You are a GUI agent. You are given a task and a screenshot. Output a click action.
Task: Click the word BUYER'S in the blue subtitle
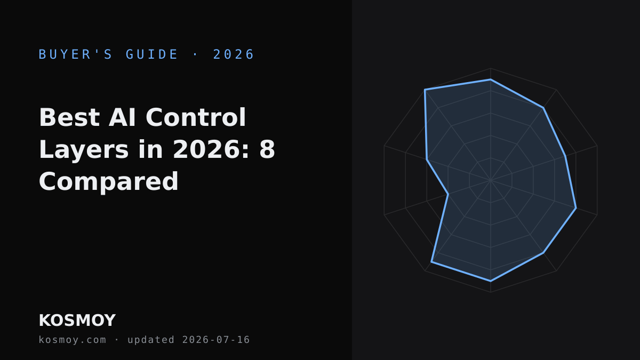click(x=75, y=54)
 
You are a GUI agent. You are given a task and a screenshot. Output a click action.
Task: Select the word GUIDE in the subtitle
click(x=151, y=54)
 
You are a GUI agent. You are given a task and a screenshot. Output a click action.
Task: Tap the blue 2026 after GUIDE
click(x=234, y=54)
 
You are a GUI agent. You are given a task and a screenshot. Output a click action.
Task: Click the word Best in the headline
click(x=69, y=117)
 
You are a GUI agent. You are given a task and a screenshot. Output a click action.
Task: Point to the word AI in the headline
click(x=122, y=117)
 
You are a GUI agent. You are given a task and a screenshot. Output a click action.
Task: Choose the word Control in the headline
click(x=196, y=117)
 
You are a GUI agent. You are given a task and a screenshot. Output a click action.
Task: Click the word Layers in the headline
click(x=84, y=150)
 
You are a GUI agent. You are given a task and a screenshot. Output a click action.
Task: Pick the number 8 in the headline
click(x=267, y=149)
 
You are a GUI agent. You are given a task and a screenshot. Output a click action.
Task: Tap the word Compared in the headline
click(x=109, y=182)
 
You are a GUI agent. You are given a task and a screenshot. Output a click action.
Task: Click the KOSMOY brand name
click(x=77, y=321)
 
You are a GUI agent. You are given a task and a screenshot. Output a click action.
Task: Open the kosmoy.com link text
click(x=73, y=340)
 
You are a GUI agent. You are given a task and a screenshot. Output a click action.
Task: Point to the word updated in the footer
click(x=151, y=340)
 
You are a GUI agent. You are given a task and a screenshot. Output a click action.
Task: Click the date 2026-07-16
click(x=216, y=340)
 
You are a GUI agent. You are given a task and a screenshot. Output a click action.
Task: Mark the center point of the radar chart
click(x=491, y=180)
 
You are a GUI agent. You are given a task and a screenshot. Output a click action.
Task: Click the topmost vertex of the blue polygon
click(x=491, y=79)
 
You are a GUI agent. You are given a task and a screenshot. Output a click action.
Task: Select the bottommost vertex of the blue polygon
click(x=491, y=281)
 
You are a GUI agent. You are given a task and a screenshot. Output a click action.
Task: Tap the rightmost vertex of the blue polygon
click(x=576, y=208)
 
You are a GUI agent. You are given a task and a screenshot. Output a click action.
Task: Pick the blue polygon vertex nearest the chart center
click(x=448, y=194)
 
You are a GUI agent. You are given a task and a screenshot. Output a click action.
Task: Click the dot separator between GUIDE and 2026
click(x=195, y=54)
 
